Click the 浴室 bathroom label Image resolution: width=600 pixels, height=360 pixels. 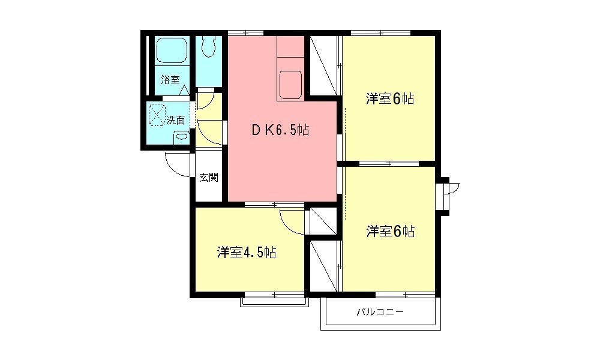pos(170,80)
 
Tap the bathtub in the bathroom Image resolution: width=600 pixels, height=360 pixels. pos(172,50)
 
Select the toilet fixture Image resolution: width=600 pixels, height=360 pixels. pos(209,47)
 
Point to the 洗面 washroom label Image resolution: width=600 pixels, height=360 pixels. pos(176,121)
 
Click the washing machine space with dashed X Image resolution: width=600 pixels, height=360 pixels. pos(157,115)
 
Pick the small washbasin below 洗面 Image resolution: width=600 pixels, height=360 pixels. pos(181,137)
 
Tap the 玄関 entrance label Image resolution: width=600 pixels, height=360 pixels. pos(209,178)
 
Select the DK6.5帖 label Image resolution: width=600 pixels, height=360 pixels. pos(280,131)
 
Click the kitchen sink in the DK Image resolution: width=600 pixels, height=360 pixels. pos(291,85)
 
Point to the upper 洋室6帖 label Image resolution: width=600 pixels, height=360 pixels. pos(390,99)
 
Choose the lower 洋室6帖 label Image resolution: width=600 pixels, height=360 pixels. pos(391,231)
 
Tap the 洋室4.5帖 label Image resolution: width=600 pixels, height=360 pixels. pos(247,253)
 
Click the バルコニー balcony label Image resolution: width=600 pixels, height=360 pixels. pos(380,312)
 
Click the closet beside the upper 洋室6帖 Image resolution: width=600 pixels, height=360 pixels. pos(323,65)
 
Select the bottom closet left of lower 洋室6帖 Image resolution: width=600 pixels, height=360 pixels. pos(323,266)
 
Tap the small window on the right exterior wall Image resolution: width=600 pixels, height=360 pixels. pos(444,196)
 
